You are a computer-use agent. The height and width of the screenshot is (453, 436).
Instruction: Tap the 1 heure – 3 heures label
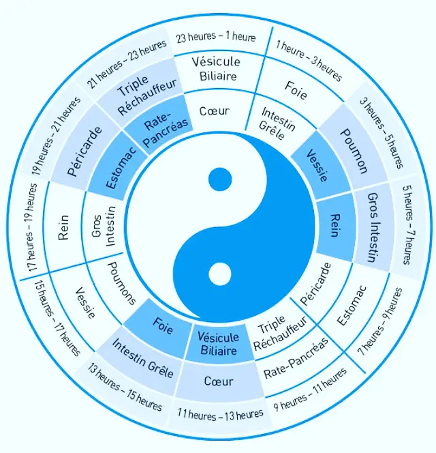[x=308, y=63]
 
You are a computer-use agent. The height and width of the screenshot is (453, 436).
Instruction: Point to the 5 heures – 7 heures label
[x=406, y=226]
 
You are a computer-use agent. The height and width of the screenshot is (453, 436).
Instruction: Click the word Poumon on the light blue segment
[x=354, y=151]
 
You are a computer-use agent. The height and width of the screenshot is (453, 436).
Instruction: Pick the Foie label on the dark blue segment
[x=162, y=326]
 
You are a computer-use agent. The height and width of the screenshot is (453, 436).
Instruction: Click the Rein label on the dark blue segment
[x=334, y=225]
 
